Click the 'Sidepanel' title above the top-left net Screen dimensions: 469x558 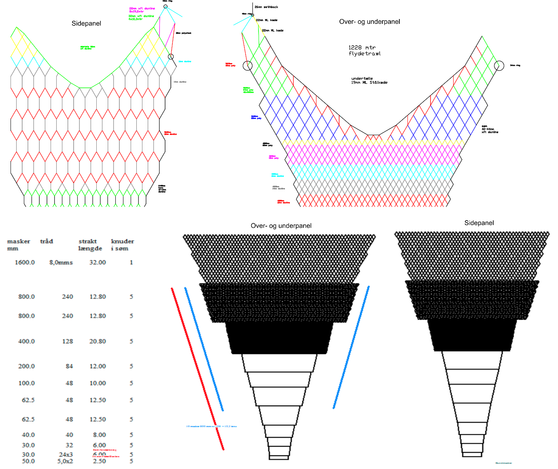tap(86, 23)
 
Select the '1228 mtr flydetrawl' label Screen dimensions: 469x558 tap(365, 51)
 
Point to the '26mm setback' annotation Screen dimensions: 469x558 tap(266, 7)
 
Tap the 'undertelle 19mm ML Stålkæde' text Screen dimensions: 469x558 tap(369, 81)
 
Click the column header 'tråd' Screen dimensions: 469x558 tap(47, 241)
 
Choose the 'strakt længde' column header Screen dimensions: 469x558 tap(90, 245)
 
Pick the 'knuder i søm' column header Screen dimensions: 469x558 tap(122, 245)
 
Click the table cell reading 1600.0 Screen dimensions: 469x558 tap(25, 262)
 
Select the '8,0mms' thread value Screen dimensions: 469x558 tap(61, 262)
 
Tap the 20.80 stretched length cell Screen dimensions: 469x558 tap(98, 341)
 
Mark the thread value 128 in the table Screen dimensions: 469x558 tap(68, 341)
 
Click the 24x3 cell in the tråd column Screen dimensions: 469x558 tap(66, 454)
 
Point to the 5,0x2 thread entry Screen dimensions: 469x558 tap(65, 461)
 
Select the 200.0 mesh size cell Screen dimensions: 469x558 tap(26, 366)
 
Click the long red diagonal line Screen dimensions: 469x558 tap(197, 368)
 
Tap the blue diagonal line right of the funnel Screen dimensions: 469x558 tap(351, 347)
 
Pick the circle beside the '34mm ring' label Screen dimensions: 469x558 tap(499, 66)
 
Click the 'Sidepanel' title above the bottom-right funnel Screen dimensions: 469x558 tap(479, 223)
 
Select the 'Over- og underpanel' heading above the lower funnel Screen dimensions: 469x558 tap(281, 226)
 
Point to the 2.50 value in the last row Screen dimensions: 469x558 tap(98, 461)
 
